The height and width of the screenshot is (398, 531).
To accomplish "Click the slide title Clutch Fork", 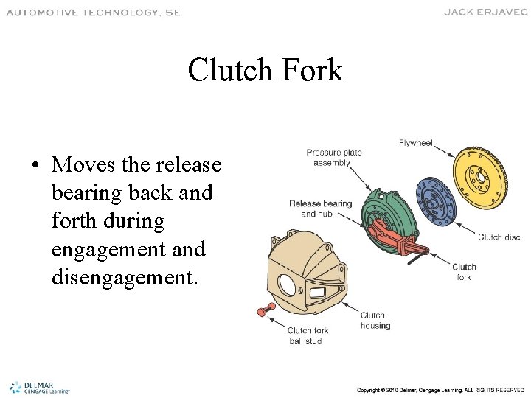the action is point(265,71).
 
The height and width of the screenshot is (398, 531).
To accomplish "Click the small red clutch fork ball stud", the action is point(261,311).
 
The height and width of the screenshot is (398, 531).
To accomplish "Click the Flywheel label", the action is point(415,143).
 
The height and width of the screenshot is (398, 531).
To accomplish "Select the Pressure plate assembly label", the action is point(334,158).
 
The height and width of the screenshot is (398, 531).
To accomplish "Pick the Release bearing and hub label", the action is point(320,209).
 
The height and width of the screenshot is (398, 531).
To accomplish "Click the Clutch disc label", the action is point(499,237).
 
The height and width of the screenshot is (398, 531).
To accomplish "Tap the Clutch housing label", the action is point(375,321).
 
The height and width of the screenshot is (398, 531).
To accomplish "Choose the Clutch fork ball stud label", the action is point(308,335).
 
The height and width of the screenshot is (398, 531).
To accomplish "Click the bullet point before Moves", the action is point(35,164).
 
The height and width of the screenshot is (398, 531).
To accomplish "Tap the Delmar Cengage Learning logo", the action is point(39,387).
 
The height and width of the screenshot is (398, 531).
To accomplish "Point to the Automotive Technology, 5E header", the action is point(93,12).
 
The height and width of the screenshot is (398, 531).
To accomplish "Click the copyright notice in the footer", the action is point(440,389).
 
